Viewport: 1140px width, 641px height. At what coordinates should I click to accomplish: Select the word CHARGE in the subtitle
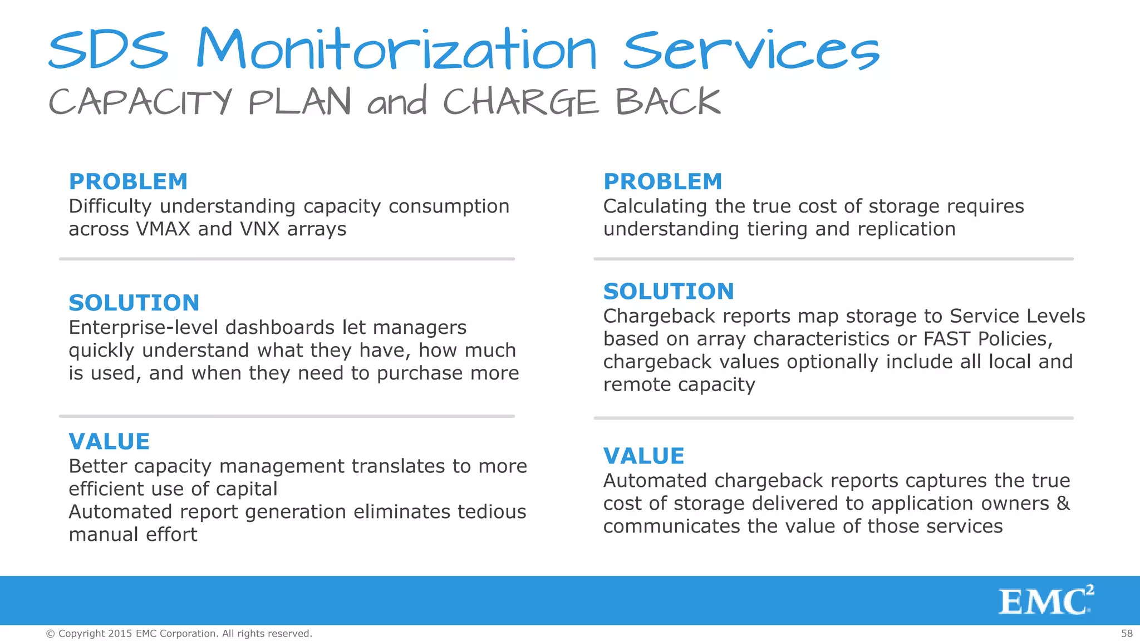point(521,102)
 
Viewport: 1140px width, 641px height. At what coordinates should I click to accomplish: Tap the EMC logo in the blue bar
point(1046,600)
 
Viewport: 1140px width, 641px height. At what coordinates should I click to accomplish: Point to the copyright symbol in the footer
point(51,634)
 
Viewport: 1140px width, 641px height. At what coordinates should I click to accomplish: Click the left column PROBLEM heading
point(128,181)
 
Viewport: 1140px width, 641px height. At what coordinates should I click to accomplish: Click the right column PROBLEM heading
point(662,181)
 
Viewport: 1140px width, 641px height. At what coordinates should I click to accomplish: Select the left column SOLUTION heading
point(134,303)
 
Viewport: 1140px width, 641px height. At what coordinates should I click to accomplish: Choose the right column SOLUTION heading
point(669,291)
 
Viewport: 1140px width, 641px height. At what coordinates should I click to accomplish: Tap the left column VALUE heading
point(109,441)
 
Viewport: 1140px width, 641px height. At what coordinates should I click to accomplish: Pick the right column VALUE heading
point(643,456)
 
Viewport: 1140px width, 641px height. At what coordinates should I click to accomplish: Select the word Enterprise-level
point(142,328)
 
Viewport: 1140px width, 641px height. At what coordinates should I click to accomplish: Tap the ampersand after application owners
point(1063,503)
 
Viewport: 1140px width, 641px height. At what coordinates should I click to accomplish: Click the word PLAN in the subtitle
point(299,102)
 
